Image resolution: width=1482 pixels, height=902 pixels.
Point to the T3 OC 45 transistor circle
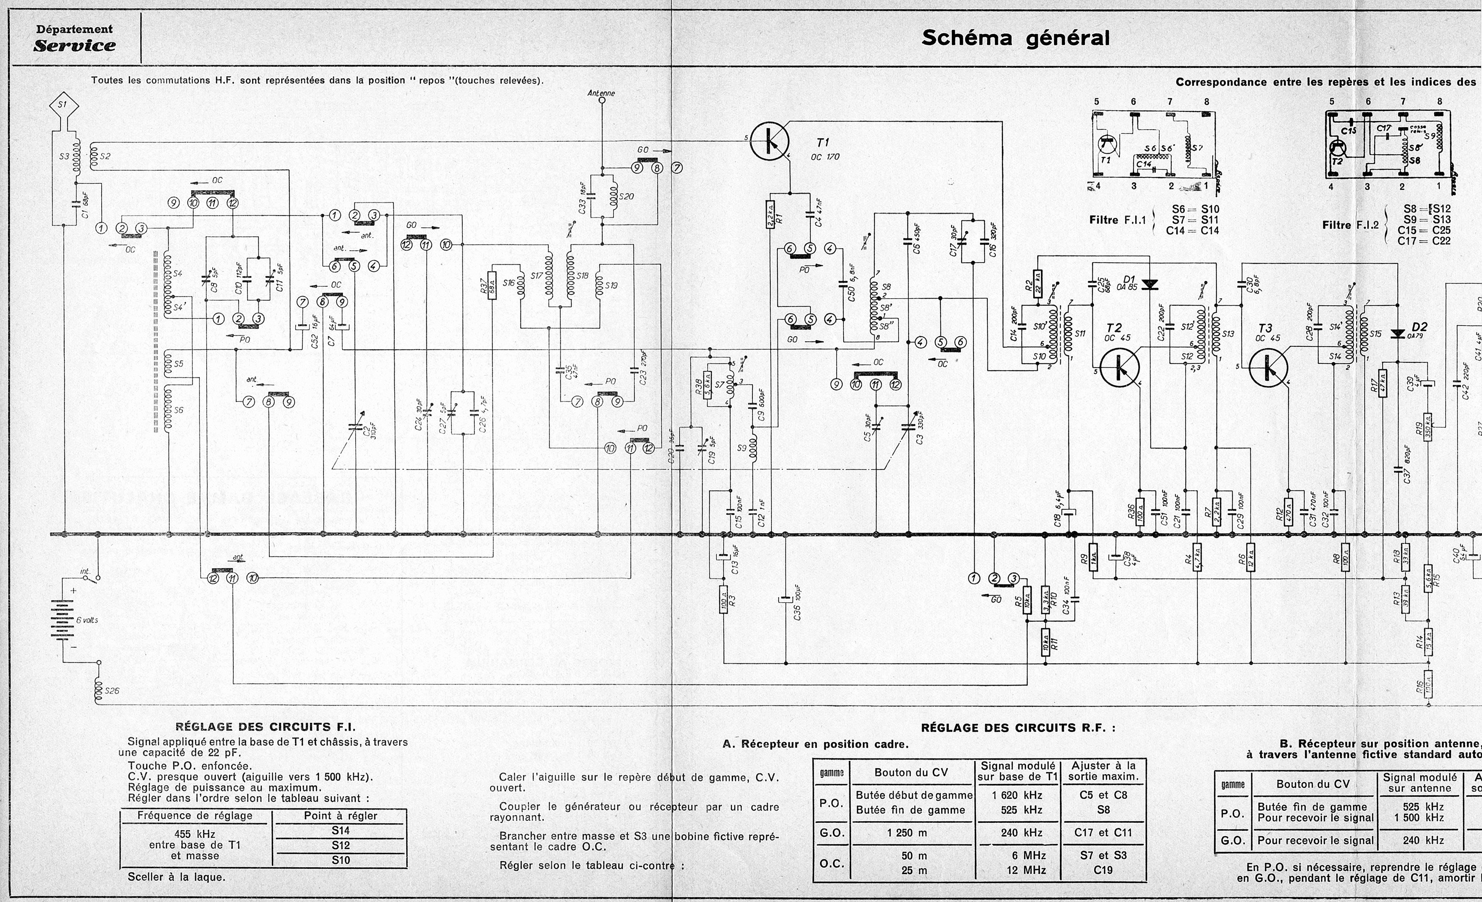coord(1269,367)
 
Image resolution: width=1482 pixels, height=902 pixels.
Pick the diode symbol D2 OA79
coord(1398,334)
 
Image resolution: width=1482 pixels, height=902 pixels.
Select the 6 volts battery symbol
coord(63,620)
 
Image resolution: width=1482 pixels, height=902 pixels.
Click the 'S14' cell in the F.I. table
coord(340,830)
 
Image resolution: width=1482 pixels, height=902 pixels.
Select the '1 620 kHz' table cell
coord(1017,795)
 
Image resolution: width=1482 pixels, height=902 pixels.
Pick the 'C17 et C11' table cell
coord(1103,833)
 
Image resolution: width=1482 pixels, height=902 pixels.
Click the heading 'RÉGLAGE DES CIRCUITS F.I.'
coord(265,727)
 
